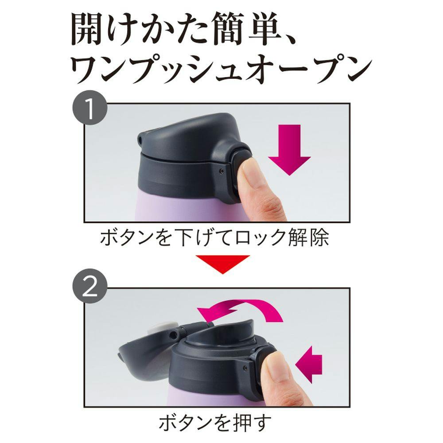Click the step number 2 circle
(x=90, y=286)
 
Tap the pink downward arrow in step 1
(x=289, y=150)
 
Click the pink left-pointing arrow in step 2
(x=308, y=365)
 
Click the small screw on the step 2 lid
(x=245, y=367)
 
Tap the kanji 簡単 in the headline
(x=245, y=30)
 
